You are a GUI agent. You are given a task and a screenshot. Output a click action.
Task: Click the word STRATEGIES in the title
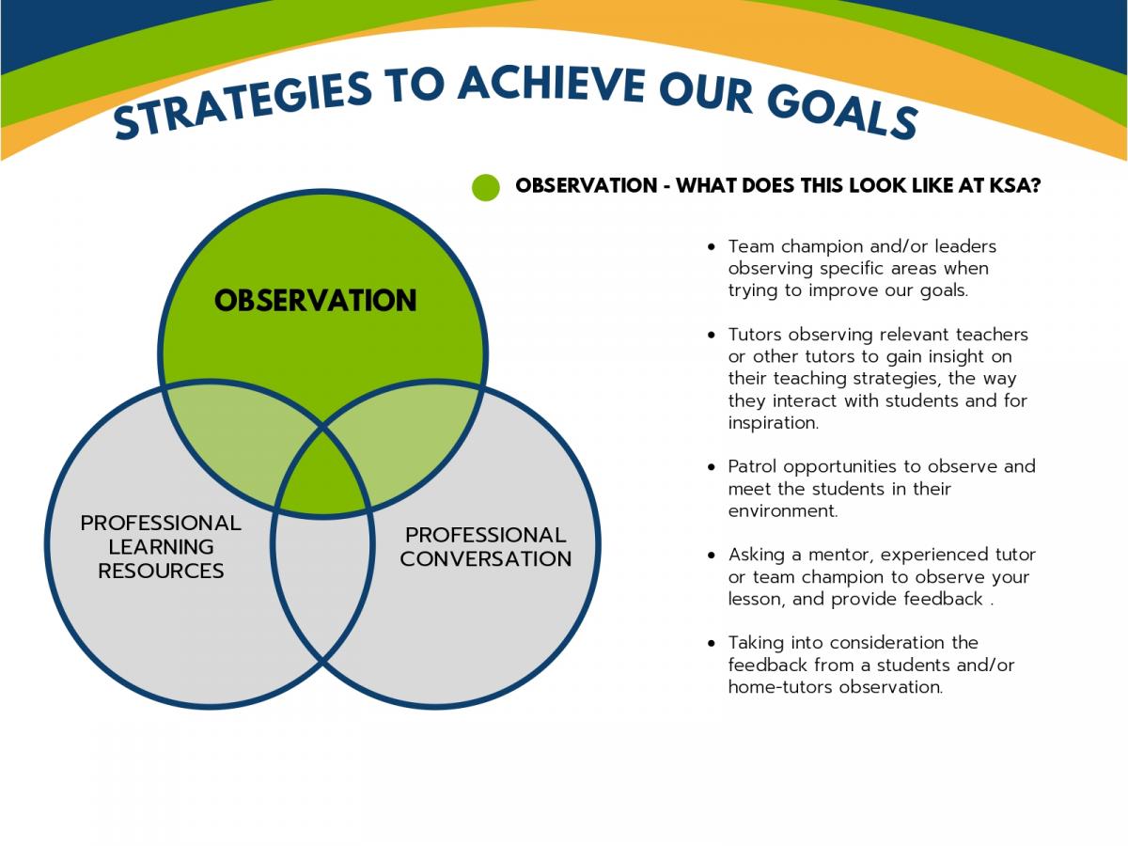point(242,105)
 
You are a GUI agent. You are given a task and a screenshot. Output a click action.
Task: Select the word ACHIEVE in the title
point(552,84)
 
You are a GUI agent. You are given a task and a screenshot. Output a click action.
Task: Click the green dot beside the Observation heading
point(486,187)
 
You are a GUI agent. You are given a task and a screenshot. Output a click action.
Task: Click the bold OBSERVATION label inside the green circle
point(316,301)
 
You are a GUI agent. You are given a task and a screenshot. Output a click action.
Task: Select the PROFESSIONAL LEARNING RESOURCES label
point(161,547)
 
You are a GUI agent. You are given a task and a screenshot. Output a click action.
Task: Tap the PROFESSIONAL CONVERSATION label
point(486,547)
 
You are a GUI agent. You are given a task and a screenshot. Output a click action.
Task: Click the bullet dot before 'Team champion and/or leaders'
point(712,247)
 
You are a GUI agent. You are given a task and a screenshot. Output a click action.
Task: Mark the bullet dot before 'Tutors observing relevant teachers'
point(712,336)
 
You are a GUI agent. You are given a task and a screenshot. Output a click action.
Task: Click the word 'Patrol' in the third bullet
point(752,466)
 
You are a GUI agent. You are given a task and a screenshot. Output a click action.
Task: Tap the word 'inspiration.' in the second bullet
point(774,423)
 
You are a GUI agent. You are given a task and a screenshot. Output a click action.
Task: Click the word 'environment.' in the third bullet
point(783,511)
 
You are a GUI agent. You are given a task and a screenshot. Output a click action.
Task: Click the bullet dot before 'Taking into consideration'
point(712,643)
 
